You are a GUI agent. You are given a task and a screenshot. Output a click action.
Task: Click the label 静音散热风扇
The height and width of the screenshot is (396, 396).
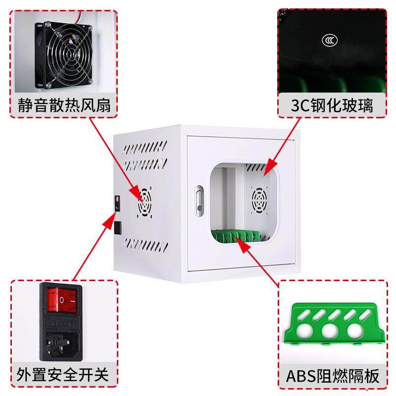(x=62, y=105)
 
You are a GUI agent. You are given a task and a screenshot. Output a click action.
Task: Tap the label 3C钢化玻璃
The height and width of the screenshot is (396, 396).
(x=332, y=105)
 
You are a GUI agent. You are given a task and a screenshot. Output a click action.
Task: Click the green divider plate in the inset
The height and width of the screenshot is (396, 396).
(x=333, y=324)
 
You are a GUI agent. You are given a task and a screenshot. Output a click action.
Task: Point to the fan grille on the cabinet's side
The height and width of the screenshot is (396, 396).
(x=145, y=202)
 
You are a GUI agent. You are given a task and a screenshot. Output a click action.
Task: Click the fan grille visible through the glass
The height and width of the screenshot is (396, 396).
(x=260, y=200)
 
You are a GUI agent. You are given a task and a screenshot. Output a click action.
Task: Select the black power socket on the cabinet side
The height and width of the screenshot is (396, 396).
(x=118, y=228)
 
